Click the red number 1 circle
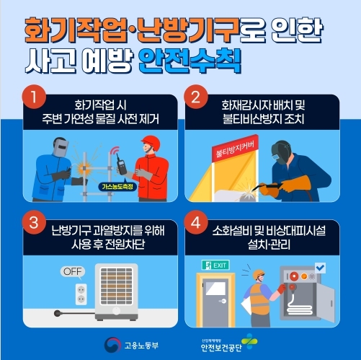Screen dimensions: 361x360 point(34,97)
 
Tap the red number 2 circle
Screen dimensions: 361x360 point(196,97)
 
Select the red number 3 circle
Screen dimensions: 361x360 point(34,222)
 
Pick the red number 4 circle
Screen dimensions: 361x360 point(196,222)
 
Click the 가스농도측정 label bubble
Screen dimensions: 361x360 point(117,187)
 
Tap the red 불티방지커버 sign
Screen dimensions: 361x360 point(235,148)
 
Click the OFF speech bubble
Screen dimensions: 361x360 point(73,272)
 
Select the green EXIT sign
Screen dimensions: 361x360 point(215,265)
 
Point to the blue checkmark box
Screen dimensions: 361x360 point(320,268)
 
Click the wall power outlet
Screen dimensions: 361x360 point(81,294)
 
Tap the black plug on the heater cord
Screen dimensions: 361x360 point(58,313)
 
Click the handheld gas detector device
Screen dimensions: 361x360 point(121,164)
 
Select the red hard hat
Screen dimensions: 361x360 point(151,143)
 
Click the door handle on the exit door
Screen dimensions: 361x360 point(223,301)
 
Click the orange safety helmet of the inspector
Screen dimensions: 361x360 point(259,274)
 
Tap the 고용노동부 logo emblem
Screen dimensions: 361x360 point(112,345)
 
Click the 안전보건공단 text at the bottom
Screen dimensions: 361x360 point(221,348)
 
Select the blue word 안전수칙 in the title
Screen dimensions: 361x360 point(190,61)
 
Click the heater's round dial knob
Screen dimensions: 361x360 point(117,310)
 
